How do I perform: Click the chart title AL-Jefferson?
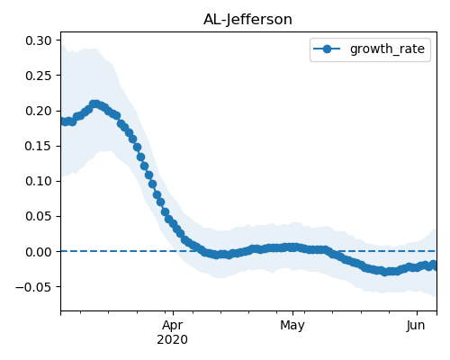tap(247, 20)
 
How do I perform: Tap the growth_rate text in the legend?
tap(387, 49)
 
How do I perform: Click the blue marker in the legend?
tap(327, 49)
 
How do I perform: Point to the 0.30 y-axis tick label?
tap(39, 40)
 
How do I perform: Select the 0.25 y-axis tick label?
tap(39, 76)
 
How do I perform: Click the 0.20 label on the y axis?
tap(39, 111)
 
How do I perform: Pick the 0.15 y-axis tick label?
tap(39, 146)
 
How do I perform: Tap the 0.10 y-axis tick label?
tap(39, 181)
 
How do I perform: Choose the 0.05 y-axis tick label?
tap(39, 216)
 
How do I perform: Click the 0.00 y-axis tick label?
tap(39, 252)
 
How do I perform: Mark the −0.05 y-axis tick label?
tap(34, 287)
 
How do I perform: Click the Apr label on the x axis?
tap(173, 325)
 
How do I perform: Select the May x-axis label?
tap(292, 325)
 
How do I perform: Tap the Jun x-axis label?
tap(417, 325)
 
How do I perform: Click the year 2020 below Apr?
tap(173, 339)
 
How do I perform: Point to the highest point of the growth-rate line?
tap(94, 104)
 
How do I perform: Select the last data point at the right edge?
tap(434, 265)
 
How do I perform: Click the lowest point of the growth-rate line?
tap(385, 272)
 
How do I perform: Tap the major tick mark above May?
tap(292, 313)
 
